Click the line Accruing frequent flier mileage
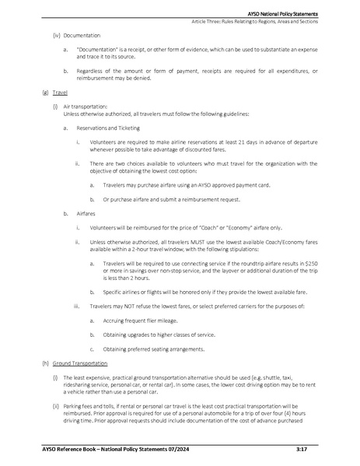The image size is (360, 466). click(x=138, y=321)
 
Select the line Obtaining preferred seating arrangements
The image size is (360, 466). click(x=152, y=349)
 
